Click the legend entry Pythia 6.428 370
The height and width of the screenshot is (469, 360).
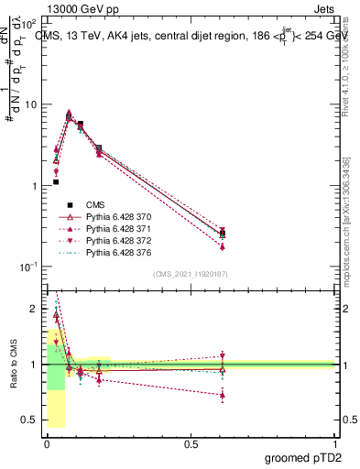pyautogui.click(x=111, y=216)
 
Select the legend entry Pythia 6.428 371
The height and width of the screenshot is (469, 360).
pyautogui.click(x=111, y=228)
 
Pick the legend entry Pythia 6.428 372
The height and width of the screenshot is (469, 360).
pyautogui.click(x=111, y=240)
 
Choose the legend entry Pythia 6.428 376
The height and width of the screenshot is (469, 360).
pyautogui.click(x=111, y=252)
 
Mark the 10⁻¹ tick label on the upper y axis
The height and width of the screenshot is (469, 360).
pyautogui.click(x=29, y=267)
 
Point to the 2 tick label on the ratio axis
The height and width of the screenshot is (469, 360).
pyautogui.click(x=36, y=309)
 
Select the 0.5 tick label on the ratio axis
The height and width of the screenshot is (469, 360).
pyautogui.click(x=31, y=420)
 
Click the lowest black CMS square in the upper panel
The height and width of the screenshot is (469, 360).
pyautogui.click(x=56, y=182)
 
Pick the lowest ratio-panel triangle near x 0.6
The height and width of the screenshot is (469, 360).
pyautogui.click(x=223, y=395)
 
